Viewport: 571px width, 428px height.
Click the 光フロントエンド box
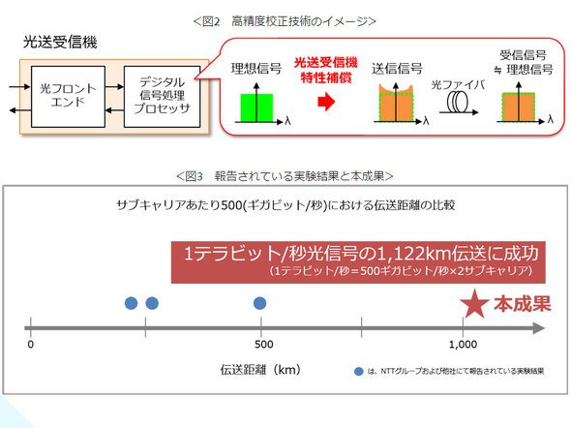(68, 97)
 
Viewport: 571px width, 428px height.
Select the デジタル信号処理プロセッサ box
(162, 97)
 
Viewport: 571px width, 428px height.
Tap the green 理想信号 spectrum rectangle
(256, 107)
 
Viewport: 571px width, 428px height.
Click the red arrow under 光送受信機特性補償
(326, 102)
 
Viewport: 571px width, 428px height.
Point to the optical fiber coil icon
(458, 102)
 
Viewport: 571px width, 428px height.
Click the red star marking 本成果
(474, 303)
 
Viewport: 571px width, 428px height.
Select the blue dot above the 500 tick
(259, 303)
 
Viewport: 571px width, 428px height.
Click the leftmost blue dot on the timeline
(131, 303)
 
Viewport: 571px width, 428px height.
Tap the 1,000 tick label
(464, 344)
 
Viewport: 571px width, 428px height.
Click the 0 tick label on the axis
(31, 344)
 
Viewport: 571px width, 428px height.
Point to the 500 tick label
(264, 344)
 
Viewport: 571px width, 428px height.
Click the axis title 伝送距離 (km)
(260, 370)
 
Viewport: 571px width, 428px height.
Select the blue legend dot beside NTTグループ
(359, 372)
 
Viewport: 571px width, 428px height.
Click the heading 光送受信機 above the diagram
(60, 43)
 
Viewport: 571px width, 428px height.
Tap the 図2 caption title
(285, 21)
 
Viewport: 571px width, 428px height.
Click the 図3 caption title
(285, 176)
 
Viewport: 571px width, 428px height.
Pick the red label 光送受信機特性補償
(326, 70)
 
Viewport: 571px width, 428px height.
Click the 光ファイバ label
(458, 85)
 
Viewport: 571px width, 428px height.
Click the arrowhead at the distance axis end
(539, 328)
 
